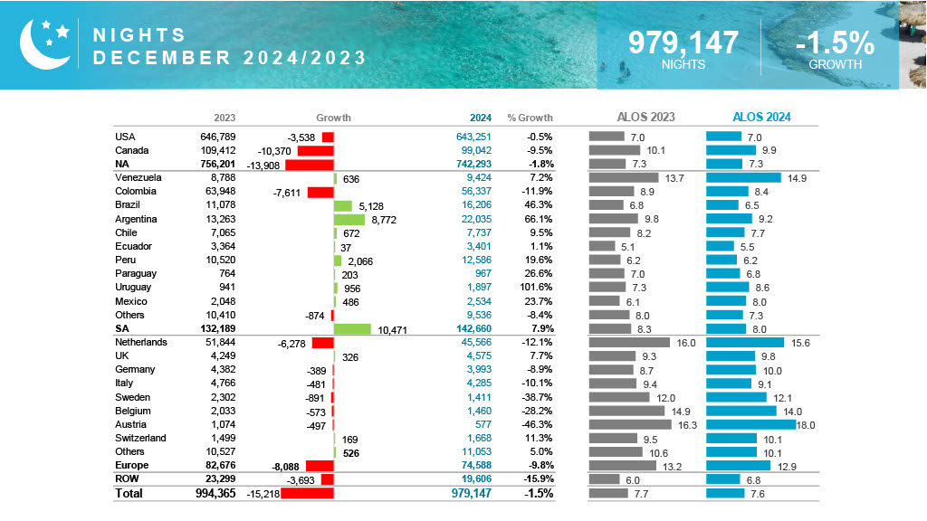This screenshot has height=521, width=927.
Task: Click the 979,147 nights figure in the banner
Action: coord(683,43)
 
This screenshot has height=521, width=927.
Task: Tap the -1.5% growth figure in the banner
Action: coord(835,43)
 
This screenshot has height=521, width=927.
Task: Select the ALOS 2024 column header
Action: coord(760,117)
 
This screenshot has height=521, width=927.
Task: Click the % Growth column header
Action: coord(530,118)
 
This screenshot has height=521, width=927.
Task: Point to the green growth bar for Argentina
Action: coord(349,219)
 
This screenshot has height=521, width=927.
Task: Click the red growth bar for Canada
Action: coord(315,150)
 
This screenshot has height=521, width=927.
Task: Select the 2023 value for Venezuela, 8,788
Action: coord(223,178)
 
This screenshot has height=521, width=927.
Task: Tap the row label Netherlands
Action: coord(141,343)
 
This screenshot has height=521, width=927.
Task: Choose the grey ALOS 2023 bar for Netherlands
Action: coord(629,343)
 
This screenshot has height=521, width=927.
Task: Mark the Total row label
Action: coord(129,493)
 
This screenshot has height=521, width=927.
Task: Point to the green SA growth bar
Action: coord(352,329)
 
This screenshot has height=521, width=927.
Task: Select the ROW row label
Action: coord(126,479)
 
